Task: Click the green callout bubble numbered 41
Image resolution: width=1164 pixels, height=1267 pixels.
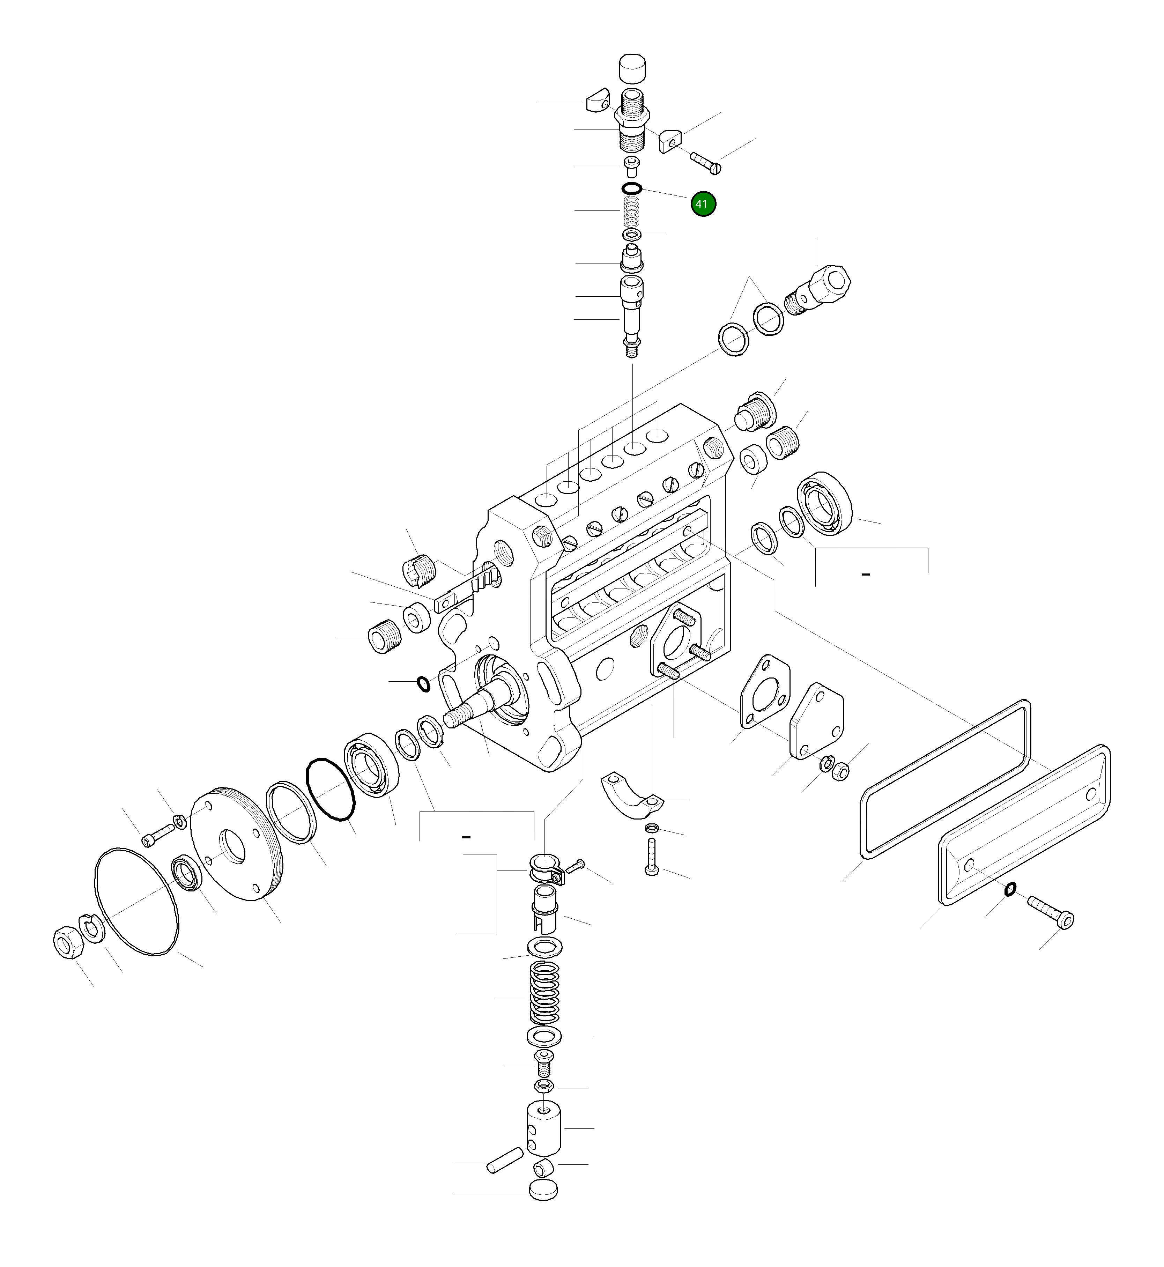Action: coord(703,204)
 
